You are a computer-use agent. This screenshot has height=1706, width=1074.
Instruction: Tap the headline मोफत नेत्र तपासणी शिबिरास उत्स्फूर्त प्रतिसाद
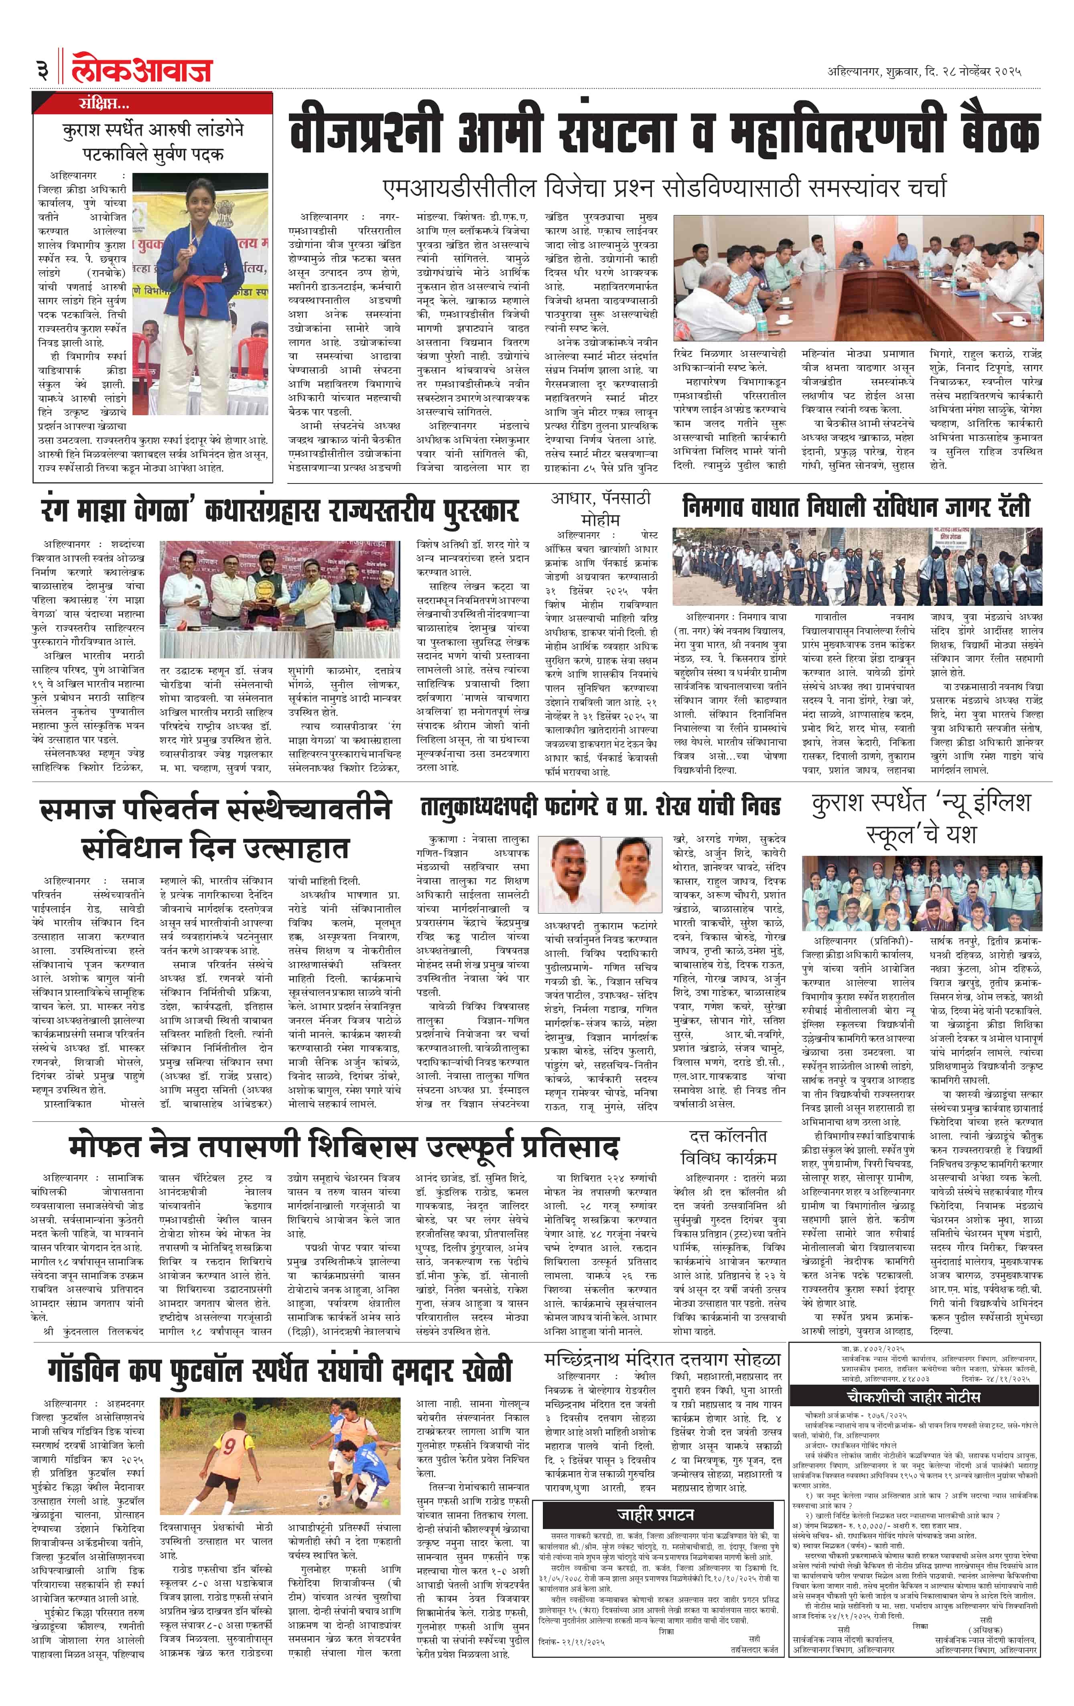pyautogui.click(x=345, y=1146)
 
